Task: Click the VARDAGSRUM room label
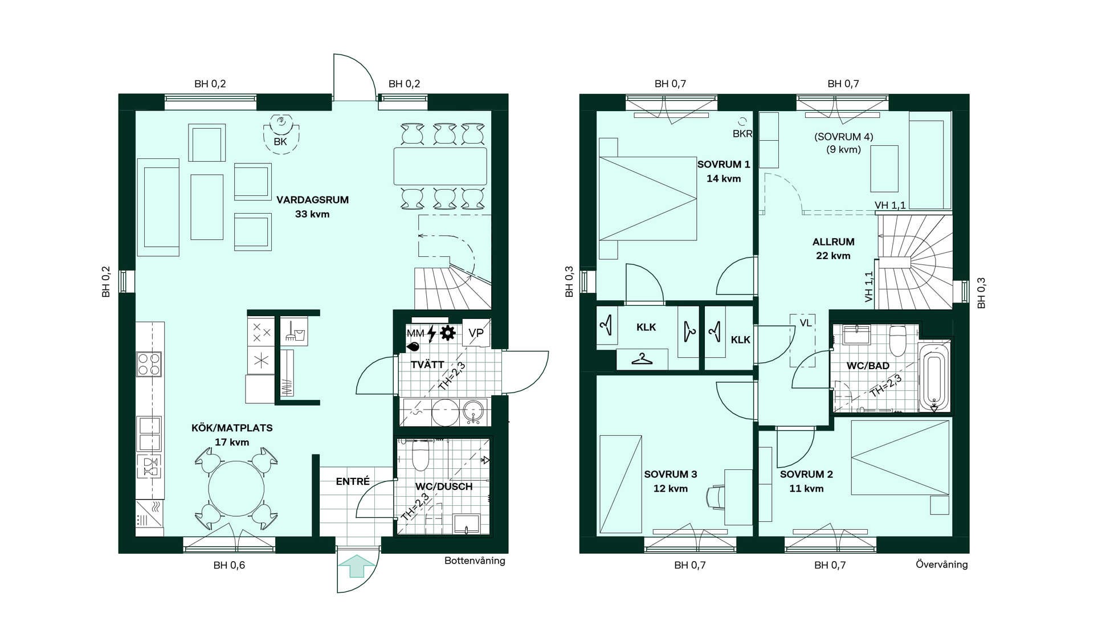(312, 200)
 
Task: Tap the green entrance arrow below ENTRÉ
(357, 566)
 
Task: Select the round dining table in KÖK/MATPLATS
(236, 489)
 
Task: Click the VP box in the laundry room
(476, 333)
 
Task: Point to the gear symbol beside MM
(448, 333)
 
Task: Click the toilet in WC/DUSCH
(420, 455)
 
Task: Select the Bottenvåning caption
(475, 561)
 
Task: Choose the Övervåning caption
(941, 565)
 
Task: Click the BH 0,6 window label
(229, 565)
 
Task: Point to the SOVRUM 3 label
(671, 474)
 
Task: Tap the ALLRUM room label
(833, 242)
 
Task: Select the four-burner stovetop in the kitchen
(149, 364)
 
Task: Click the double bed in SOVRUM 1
(648, 198)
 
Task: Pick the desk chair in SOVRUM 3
(715, 496)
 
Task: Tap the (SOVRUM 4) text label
(843, 137)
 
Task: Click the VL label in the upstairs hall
(805, 323)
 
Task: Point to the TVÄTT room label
(427, 365)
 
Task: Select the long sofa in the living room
(158, 207)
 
